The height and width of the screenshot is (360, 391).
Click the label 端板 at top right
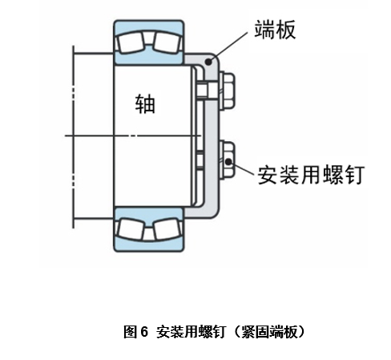[275, 30]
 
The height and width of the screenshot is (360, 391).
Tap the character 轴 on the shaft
[145, 103]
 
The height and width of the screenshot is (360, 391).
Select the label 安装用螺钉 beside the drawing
[311, 175]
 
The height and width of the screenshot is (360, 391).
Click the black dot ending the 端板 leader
[208, 62]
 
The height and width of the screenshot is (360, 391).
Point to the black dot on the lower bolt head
[228, 161]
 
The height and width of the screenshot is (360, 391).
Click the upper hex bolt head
[227, 91]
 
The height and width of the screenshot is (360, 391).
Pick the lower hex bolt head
[227, 160]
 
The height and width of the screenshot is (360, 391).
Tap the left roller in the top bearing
[130, 42]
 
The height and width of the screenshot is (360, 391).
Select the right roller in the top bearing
[167, 42]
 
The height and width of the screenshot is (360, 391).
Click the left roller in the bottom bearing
[130, 229]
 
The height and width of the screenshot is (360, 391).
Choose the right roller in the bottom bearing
[167, 229]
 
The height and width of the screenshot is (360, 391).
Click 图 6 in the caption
[135, 332]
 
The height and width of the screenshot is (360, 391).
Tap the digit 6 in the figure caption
[144, 332]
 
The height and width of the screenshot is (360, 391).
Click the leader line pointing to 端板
[228, 47]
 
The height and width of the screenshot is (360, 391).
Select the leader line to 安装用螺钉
[241, 168]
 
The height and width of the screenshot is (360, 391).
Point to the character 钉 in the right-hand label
[355, 175]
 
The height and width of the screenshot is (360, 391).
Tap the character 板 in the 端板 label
[286, 30]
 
